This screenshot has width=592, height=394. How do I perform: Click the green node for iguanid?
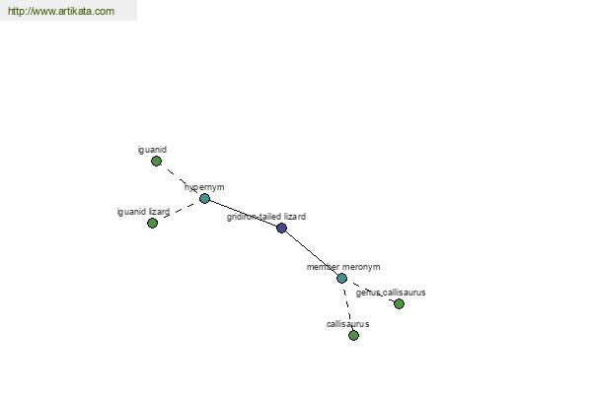[156, 162]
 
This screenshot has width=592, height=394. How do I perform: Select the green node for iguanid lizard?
[152, 224]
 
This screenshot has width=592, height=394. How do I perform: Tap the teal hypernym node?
[204, 198]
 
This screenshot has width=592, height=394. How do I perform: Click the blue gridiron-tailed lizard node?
[281, 228]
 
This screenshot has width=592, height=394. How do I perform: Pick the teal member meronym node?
[342, 278]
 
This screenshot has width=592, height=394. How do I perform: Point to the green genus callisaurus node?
[399, 303]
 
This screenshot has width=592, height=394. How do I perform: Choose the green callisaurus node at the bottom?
[354, 335]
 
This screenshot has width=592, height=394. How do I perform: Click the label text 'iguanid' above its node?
[152, 150]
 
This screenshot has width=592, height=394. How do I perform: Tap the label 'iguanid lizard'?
[143, 212]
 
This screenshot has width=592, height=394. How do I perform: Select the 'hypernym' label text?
[204, 187]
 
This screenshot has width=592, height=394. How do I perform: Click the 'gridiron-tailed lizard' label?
[266, 217]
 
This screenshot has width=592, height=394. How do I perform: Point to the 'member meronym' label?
[343, 267]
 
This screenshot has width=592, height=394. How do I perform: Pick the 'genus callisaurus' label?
[391, 293]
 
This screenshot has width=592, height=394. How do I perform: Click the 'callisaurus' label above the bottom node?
[347, 324]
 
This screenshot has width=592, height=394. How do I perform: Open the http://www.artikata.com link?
[61, 11]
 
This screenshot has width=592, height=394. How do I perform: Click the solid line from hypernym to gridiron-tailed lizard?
[243, 213]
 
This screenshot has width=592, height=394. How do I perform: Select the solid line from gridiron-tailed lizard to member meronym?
[312, 253]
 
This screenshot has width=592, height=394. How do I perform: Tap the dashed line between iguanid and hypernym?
[181, 180]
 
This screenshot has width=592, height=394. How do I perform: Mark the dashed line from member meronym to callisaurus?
[348, 306]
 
